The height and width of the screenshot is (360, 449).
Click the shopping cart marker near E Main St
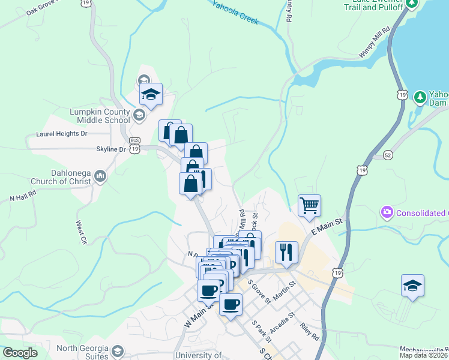tap(309, 206)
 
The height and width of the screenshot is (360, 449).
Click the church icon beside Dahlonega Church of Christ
tap(100, 177)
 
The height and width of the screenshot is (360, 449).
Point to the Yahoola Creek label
tap(236, 12)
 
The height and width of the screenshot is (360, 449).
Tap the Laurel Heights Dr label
tap(61, 134)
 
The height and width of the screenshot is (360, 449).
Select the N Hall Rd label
tap(23, 196)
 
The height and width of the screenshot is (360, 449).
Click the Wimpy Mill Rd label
tap(375, 41)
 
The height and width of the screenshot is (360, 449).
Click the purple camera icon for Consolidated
tap(387, 212)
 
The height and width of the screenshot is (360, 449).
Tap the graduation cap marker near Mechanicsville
tap(413, 286)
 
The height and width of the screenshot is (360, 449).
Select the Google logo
tap(20, 353)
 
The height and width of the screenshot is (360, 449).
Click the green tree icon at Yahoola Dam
tap(420, 96)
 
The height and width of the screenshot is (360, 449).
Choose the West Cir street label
tap(81, 232)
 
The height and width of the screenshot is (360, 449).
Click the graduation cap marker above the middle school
tap(151, 94)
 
